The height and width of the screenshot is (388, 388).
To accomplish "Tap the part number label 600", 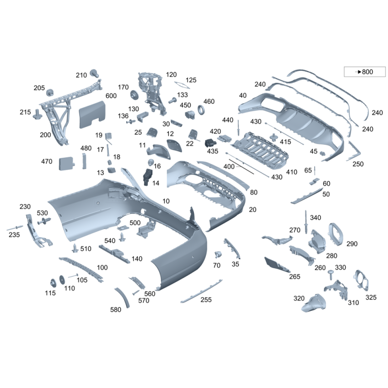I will (111, 96).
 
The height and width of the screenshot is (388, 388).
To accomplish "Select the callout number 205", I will (39, 88).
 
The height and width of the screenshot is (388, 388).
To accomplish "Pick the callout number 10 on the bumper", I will (166, 201).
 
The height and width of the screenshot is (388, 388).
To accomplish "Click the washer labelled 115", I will (52, 284).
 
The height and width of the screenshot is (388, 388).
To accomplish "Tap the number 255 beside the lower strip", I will (206, 300).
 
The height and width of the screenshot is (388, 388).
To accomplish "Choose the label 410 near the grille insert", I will (291, 172).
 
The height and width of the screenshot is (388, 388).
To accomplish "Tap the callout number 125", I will (191, 80).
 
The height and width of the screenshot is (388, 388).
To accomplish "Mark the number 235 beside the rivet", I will (14, 235).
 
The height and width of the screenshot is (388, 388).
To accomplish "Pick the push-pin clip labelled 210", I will (95, 74).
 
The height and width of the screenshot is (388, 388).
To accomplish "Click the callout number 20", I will (252, 210).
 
